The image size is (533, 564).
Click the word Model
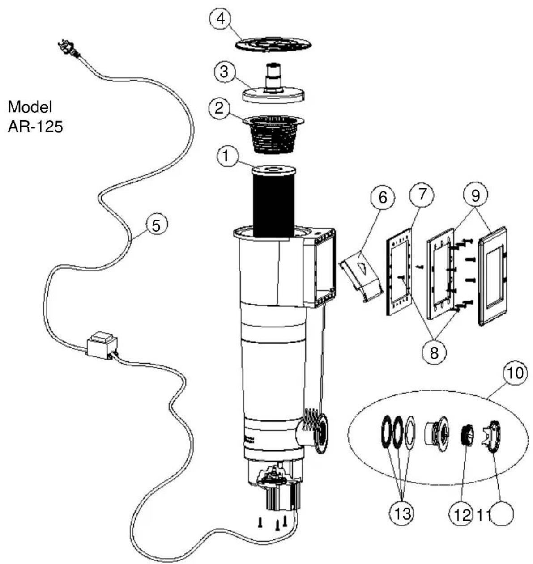(30, 107)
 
